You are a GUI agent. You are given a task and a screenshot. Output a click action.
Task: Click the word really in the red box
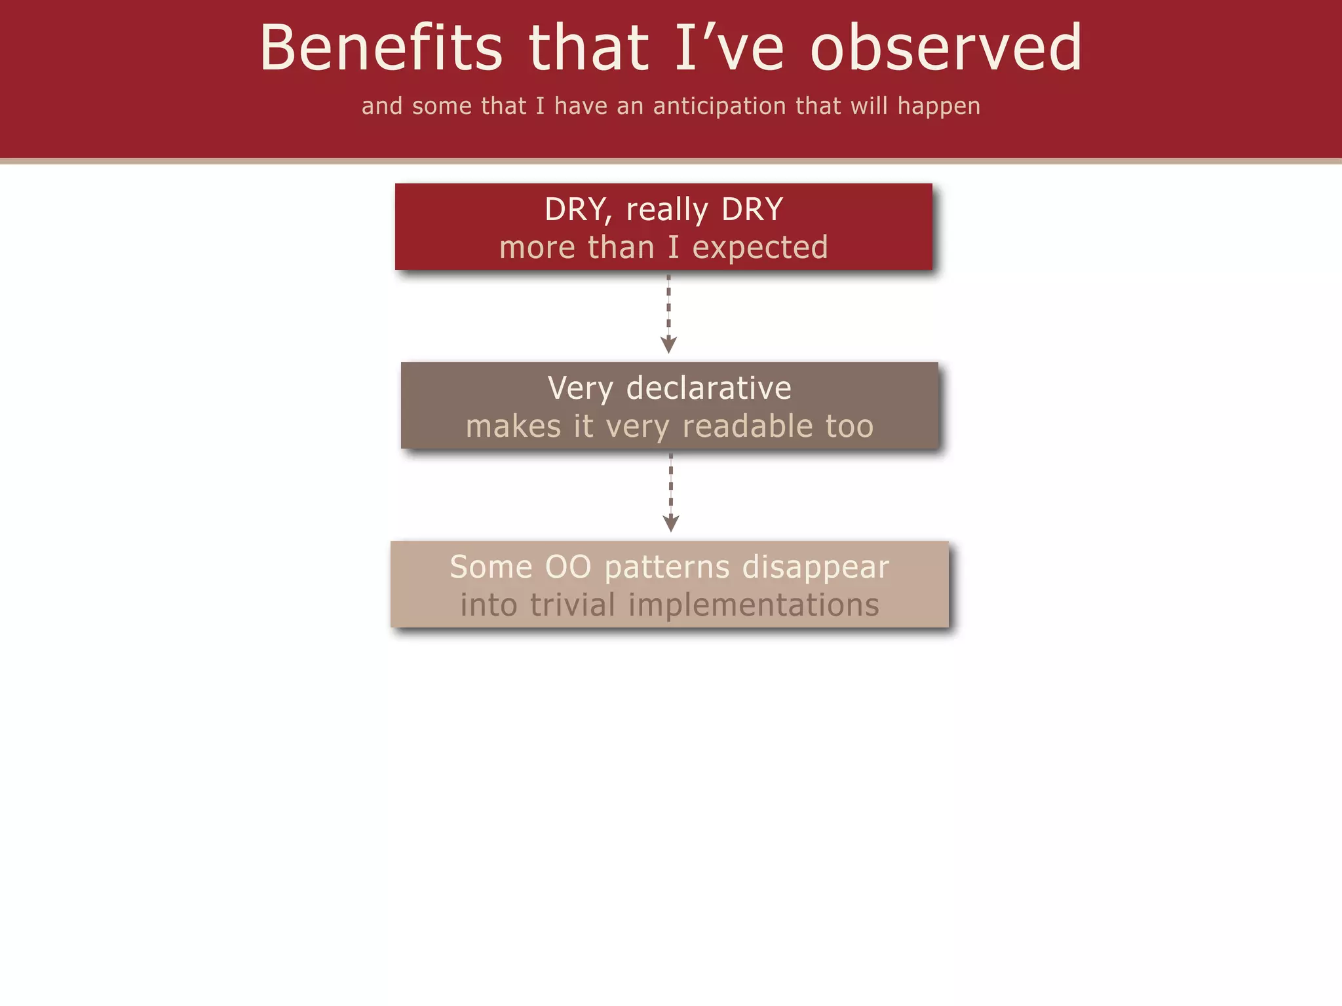666,210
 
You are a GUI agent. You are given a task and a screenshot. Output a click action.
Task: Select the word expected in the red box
759,248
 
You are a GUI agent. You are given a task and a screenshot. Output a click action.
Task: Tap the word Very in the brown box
580,388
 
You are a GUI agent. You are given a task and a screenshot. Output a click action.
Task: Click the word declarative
708,388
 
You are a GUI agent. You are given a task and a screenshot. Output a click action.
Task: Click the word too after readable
849,426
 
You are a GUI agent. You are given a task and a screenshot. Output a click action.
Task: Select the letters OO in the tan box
568,567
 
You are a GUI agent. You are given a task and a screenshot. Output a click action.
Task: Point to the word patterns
666,567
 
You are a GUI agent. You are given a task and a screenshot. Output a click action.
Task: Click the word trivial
573,605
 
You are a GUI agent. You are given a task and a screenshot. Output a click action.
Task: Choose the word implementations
754,605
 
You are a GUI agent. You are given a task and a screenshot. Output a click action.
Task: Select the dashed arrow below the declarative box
670,493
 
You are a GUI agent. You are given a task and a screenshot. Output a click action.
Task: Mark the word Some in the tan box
491,567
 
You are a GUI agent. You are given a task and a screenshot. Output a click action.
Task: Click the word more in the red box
537,248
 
